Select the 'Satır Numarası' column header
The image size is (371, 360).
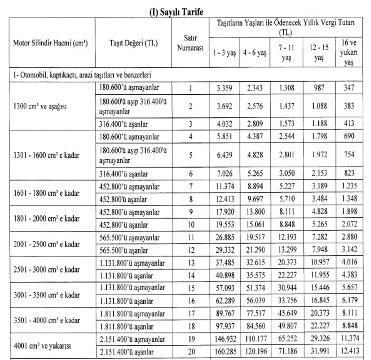[x=190, y=43]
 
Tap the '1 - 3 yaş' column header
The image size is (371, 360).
[x=224, y=54]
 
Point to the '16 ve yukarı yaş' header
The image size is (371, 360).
[x=349, y=53]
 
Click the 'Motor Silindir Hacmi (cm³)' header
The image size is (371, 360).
[x=51, y=43]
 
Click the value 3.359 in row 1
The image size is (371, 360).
[x=224, y=88]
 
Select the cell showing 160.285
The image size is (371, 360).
[x=224, y=352]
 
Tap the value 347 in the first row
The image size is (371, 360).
[x=349, y=88]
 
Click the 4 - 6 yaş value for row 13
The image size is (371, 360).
[x=255, y=263]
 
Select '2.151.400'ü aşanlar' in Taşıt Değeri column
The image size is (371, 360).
[x=126, y=352]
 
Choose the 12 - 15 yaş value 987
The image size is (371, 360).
[x=319, y=88]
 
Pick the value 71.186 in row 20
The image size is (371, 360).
[x=287, y=352]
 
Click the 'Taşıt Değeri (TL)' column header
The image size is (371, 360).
[x=133, y=43]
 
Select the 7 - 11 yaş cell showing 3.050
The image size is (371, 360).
[x=287, y=173]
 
